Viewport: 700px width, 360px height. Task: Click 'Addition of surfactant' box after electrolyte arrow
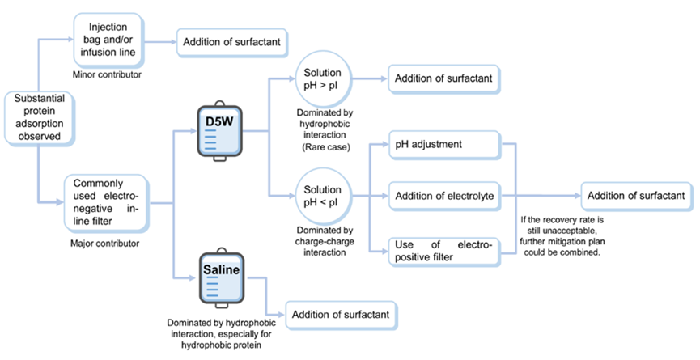click(x=636, y=195)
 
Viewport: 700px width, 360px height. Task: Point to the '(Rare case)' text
click(x=321, y=147)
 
